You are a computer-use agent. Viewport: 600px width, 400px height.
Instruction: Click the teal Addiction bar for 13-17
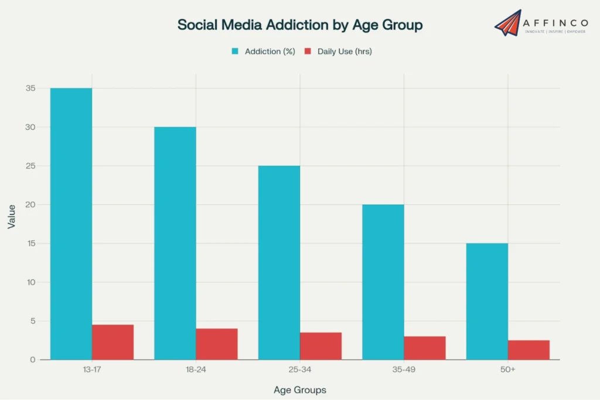71,224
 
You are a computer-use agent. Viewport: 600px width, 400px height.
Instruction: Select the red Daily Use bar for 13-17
113,342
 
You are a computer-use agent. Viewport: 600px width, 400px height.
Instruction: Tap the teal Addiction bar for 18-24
175,243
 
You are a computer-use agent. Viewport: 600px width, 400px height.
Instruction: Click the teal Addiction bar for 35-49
383,282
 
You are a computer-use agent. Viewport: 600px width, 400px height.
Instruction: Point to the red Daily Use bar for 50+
529,350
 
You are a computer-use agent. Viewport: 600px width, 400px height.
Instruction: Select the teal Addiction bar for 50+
487,301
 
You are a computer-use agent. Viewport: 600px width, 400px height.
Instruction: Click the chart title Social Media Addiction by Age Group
299,25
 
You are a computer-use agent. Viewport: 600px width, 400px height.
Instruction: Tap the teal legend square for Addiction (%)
235,52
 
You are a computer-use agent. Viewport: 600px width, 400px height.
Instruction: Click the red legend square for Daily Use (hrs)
308,52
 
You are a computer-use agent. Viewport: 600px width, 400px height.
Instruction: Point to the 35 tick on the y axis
30,88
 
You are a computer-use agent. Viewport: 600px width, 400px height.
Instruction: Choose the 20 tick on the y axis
30,204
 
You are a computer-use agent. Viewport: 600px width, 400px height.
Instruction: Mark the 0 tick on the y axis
33,360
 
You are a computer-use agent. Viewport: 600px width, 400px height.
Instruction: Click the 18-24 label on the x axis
196,371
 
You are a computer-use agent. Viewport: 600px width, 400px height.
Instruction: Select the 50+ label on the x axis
508,371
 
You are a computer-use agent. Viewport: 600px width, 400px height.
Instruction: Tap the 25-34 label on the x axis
300,371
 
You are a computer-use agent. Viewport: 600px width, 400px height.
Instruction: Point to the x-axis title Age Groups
300,389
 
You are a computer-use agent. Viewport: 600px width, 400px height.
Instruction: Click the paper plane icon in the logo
507,22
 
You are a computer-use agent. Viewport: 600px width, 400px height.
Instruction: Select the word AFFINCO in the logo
556,22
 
